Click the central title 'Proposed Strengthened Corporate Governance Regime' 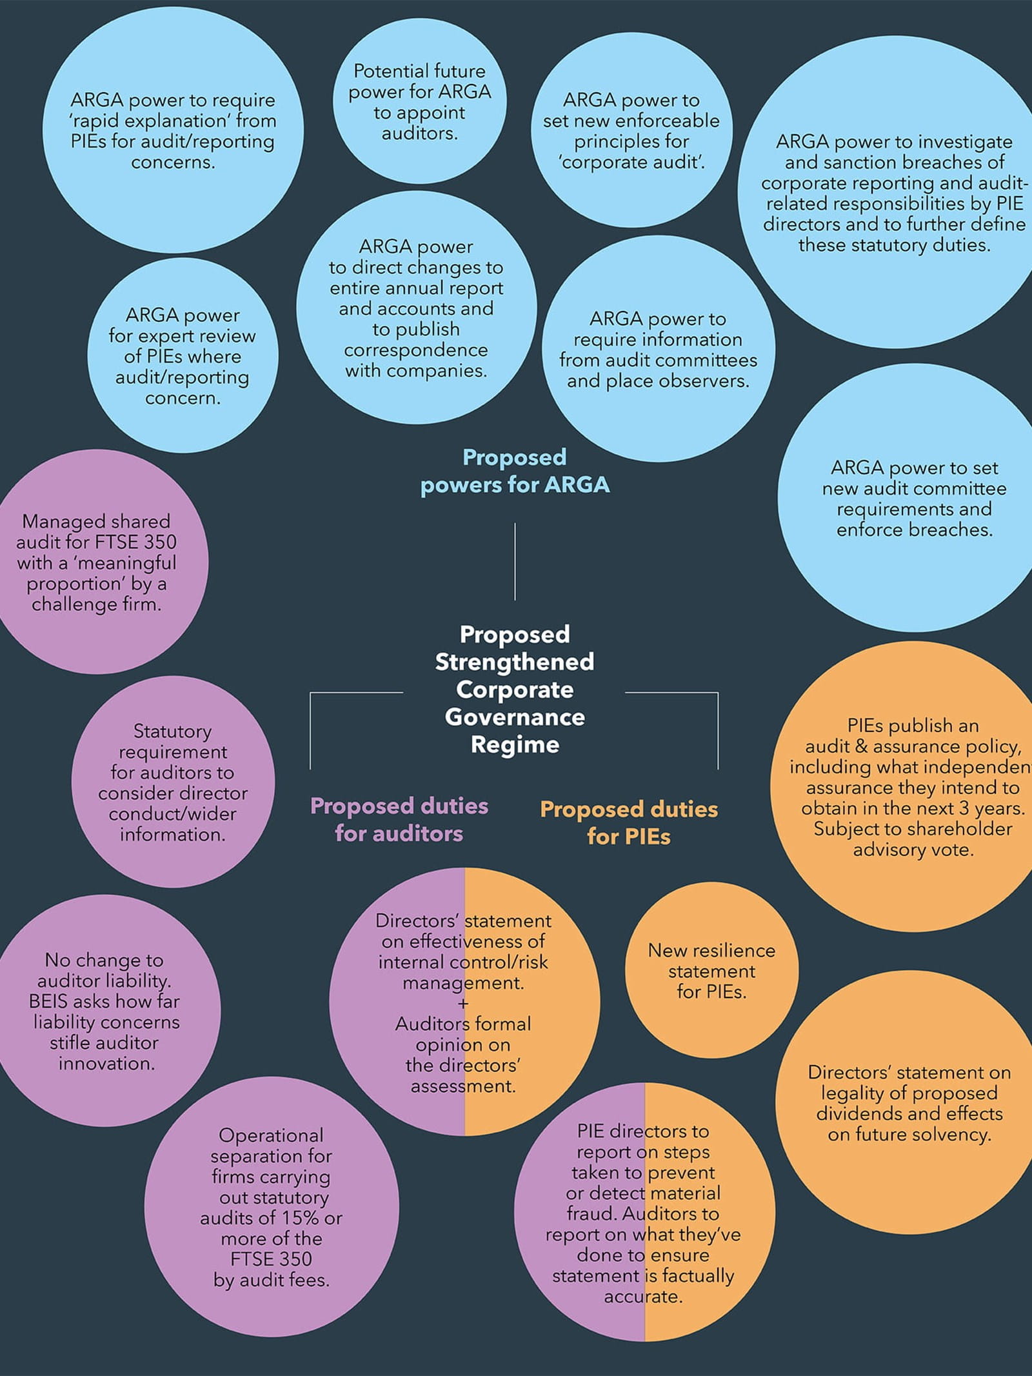coord(515,689)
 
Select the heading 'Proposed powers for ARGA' coord(515,471)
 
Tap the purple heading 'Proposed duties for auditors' coord(399,819)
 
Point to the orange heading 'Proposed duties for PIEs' coord(629,823)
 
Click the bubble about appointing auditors coord(419,102)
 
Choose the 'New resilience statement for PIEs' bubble coord(711,970)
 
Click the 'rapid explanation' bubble coord(173,130)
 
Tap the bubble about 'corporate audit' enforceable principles coord(631,131)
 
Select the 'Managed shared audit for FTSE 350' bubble coord(97,562)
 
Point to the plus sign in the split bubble coord(463,1003)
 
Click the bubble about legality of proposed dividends coord(909,1103)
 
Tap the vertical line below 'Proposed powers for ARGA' coord(515,561)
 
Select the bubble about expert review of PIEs coord(183,356)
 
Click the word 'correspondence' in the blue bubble coord(416,350)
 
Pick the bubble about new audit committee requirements coord(914,498)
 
